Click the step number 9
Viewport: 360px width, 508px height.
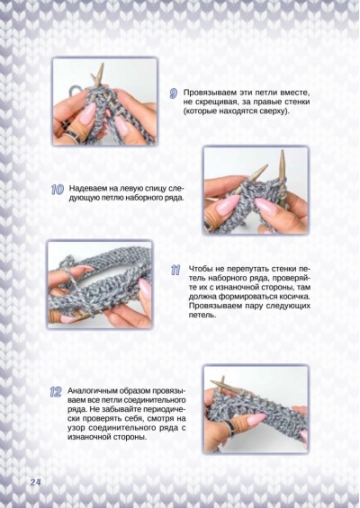[x=174, y=94]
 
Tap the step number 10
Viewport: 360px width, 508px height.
[x=58, y=190]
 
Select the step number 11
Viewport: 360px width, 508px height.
[x=175, y=271]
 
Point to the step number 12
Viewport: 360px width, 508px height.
[x=56, y=392]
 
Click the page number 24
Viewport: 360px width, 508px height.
[x=35, y=482]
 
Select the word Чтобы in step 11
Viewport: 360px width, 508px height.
[x=201, y=269]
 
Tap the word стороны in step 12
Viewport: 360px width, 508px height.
[x=129, y=437]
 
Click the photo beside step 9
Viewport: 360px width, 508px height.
[x=105, y=101]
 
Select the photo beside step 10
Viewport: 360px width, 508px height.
[x=256, y=191]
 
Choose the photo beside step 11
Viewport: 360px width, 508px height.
[x=100, y=284]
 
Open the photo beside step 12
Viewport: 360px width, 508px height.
[x=256, y=409]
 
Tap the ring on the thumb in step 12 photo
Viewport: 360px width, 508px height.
[x=229, y=423]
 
